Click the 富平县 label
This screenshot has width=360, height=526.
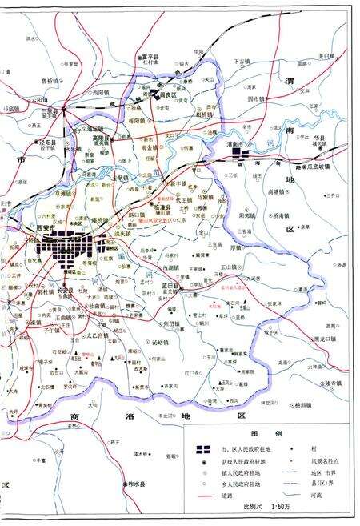pyautogui.click(x=147, y=58)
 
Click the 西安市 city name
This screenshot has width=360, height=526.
pyautogui.click(x=47, y=228)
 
